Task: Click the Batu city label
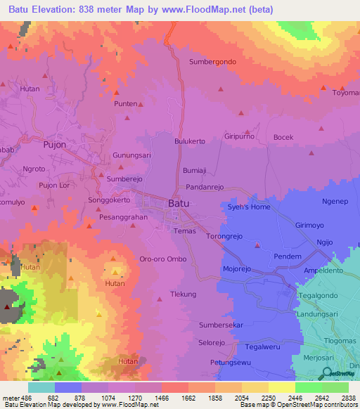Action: [x=179, y=204]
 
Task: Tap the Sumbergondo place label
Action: [x=212, y=62]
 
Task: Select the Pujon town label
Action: [x=54, y=145]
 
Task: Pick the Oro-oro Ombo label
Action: [x=162, y=259]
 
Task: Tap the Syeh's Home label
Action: [x=248, y=207]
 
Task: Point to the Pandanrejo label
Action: [x=204, y=188]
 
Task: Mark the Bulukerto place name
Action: [x=190, y=141]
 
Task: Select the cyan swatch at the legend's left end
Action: [x=41, y=387]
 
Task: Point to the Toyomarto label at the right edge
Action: [x=346, y=93]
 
